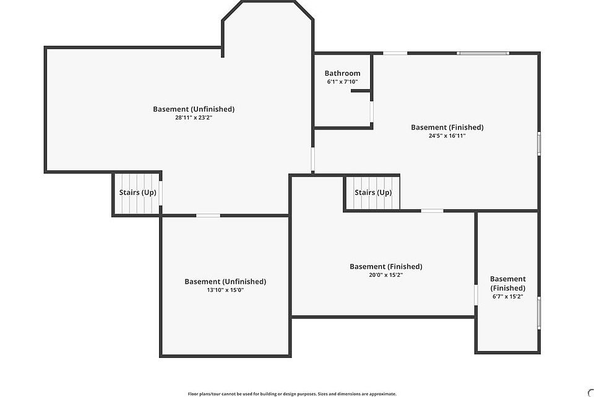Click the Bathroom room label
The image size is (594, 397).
tap(342, 73)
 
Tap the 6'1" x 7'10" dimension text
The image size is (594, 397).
tap(342, 82)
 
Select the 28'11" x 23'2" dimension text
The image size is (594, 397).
tap(194, 117)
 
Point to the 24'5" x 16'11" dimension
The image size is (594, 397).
tap(447, 136)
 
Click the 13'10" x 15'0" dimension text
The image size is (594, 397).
tap(225, 289)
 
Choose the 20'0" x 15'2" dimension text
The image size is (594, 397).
tap(385, 274)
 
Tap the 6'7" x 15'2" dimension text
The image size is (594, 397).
tap(507, 297)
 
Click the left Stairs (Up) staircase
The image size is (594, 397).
tap(137, 193)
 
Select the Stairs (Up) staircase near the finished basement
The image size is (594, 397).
tap(372, 193)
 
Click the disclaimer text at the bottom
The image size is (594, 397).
tap(292, 393)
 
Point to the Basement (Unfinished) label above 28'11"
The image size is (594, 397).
tap(194, 109)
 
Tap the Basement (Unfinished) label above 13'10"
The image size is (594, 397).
tap(225, 281)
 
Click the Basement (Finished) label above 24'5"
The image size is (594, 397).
tap(447, 128)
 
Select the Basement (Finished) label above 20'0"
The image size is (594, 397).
tap(385, 266)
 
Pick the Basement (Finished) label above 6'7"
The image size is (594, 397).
tap(507, 283)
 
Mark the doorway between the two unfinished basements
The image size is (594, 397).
tap(208, 216)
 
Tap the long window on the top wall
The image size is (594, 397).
tap(483, 53)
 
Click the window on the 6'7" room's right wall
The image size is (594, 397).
tap(539, 313)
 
